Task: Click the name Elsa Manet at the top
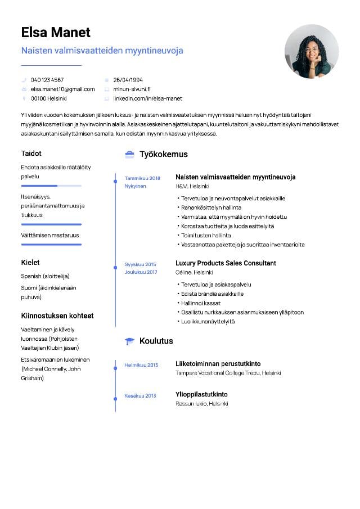(x=56, y=32)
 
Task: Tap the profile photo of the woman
(x=312, y=51)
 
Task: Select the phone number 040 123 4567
(x=47, y=80)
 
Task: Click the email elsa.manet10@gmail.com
(x=62, y=89)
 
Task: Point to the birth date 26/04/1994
(x=128, y=80)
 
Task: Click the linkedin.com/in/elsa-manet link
(x=147, y=98)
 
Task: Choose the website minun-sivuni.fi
(x=132, y=89)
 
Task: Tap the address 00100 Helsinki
(x=48, y=98)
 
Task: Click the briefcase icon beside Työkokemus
(x=129, y=154)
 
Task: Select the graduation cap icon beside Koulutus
(x=129, y=341)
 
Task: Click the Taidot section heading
(x=31, y=153)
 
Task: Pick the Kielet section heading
(x=30, y=262)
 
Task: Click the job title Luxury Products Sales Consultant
(x=226, y=263)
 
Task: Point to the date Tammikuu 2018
(x=142, y=178)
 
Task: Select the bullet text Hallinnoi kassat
(x=201, y=303)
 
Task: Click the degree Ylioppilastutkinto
(x=201, y=394)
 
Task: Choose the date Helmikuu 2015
(x=141, y=365)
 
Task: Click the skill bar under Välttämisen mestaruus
(x=51, y=245)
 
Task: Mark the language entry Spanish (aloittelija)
(x=45, y=276)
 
